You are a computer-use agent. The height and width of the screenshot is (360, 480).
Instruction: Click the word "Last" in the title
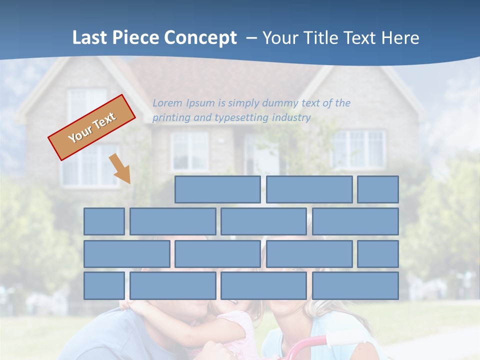click(x=90, y=38)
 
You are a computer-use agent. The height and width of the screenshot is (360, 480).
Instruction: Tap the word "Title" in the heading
click(x=320, y=38)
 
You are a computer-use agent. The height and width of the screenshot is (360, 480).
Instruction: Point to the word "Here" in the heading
click(x=399, y=38)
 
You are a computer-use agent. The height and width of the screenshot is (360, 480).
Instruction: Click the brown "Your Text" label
click(x=92, y=127)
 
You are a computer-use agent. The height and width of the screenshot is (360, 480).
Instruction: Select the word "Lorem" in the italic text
click(x=167, y=103)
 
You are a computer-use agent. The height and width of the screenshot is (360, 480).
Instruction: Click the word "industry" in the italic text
click(x=291, y=118)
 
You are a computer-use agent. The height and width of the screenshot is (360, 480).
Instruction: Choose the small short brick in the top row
click(x=378, y=189)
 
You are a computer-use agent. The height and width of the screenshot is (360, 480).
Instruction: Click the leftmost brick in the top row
click(x=217, y=189)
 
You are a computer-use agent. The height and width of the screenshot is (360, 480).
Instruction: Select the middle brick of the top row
click(x=309, y=189)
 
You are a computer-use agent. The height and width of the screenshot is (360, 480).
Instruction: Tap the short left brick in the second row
click(x=104, y=221)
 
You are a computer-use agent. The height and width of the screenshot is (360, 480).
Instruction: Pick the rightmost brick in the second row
click(x=355, y=221)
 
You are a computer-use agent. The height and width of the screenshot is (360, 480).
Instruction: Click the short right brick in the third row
click(x=378, y=253)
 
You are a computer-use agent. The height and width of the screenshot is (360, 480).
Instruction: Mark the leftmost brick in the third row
click(x=126, y=253)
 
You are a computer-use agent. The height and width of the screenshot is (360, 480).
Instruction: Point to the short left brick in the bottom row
click(x=104, y=285)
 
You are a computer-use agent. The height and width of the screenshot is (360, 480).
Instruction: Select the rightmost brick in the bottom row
click(x=355, y=285)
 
